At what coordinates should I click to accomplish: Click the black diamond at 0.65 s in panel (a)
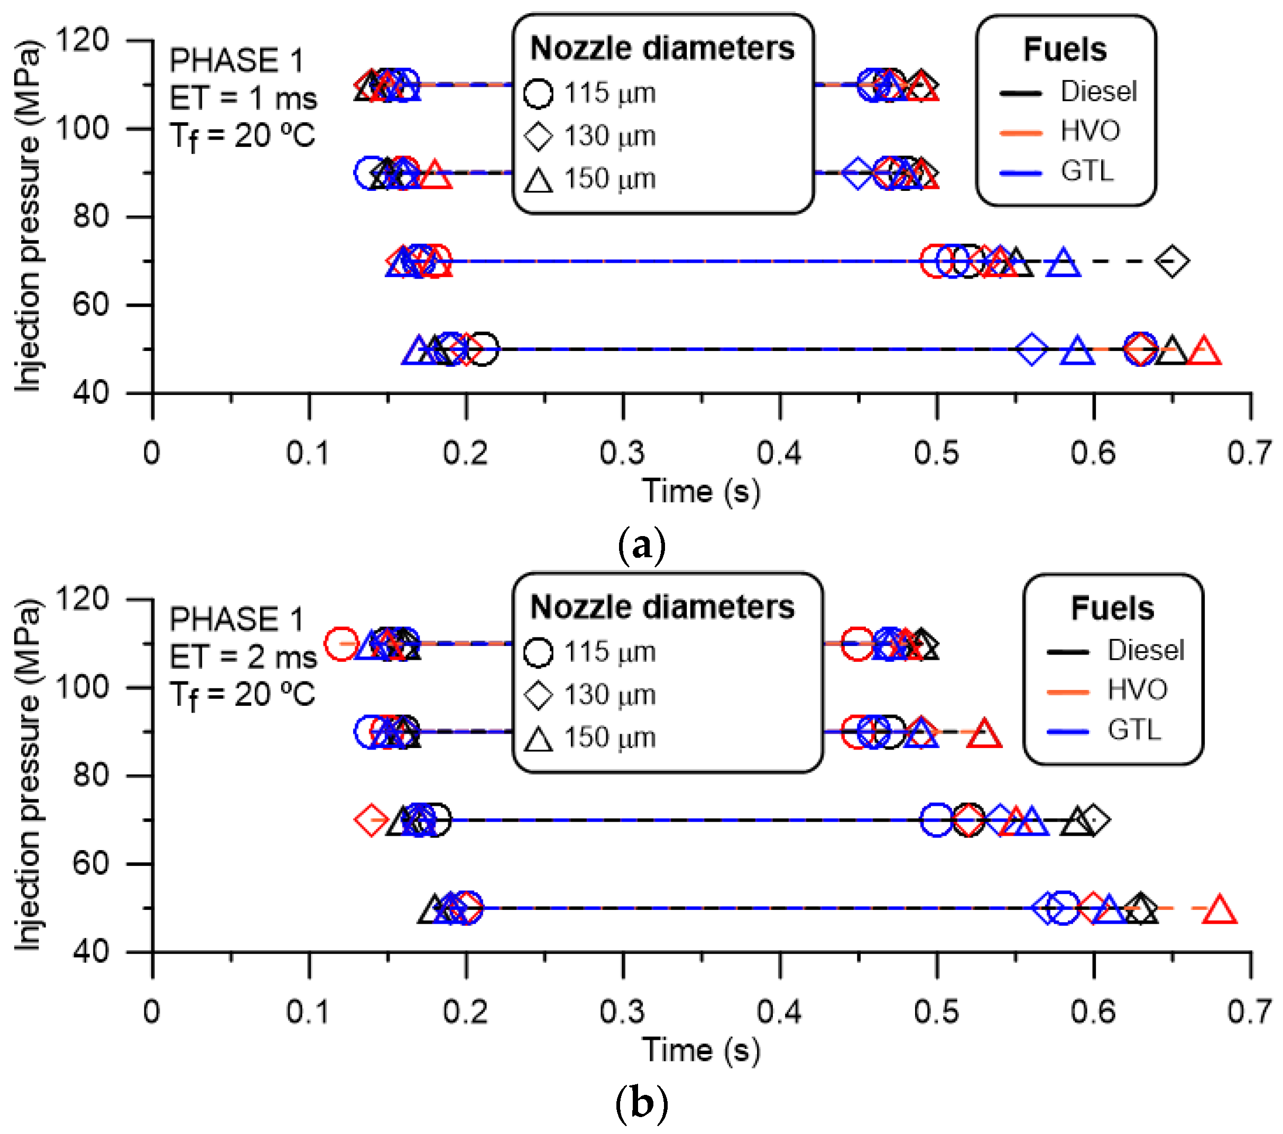coord(1172,261)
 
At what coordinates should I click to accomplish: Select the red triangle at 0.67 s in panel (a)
coord(1203,351)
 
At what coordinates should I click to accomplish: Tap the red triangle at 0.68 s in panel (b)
coord(1219,910)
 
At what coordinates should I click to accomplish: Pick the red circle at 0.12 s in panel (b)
coord(341,643)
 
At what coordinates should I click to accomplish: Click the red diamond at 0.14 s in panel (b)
coord(372,819)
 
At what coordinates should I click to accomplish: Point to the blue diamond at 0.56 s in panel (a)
coord(1031,349)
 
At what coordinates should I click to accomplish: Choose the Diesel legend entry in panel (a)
coord(1067,91)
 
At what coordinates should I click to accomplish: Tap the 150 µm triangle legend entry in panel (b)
coord(590,738)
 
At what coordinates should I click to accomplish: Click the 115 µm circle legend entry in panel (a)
coord(590,94)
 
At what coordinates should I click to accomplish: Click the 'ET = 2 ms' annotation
coord(243,657)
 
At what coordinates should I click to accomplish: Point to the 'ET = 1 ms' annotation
coord(243,98)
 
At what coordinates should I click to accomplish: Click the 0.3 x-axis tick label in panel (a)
coord(622,453)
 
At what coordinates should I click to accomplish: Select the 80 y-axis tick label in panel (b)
coord(91,776)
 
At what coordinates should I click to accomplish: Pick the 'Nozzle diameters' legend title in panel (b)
coord(662,607)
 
